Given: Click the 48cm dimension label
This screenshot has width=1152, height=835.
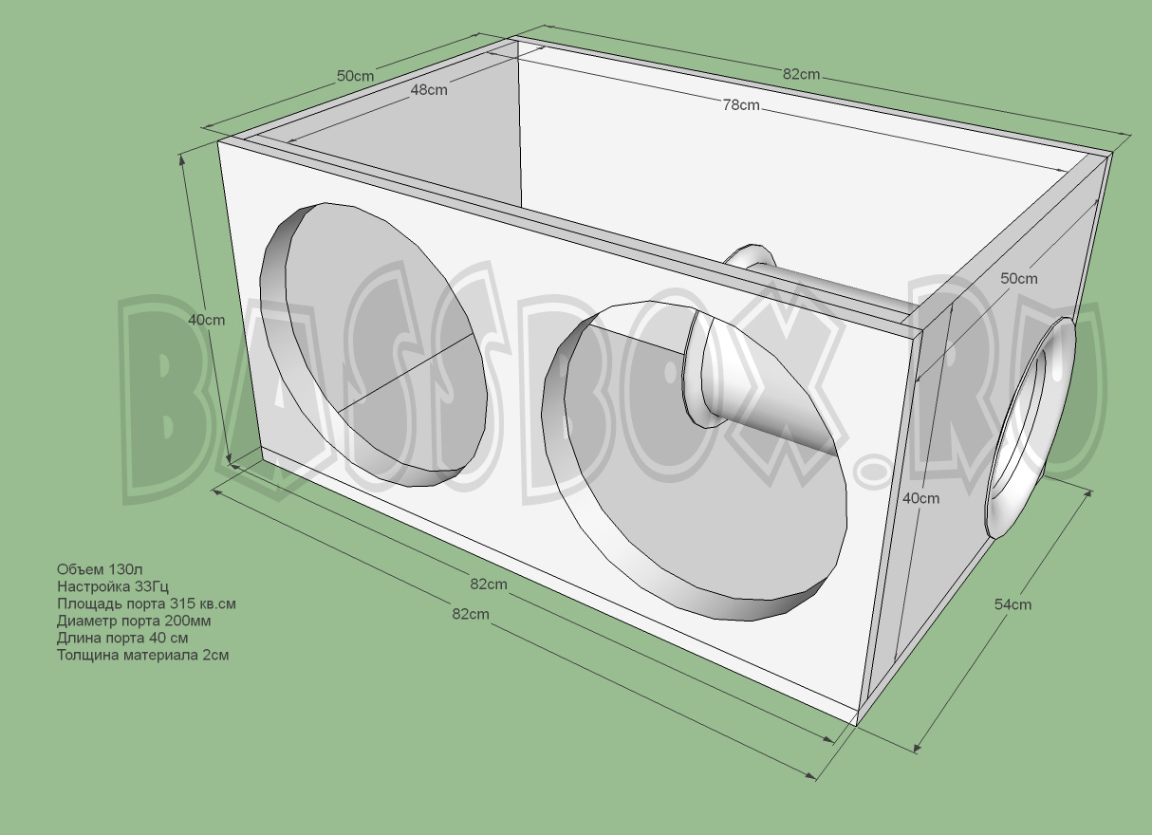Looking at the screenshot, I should pos(429,90).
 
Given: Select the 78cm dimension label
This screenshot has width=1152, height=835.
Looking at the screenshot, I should pos(741,105).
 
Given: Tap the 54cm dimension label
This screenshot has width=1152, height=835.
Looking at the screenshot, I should pos(1013,603).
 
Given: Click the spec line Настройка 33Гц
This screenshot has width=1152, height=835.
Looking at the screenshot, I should pos(113,586).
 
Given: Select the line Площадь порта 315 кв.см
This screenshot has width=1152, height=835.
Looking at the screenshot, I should pos(145,603).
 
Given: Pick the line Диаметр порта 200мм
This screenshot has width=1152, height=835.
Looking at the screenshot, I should pos(134,621).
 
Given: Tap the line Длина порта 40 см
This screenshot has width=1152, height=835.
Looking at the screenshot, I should pos(121,638).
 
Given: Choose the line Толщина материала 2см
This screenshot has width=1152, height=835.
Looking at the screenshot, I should pos(142,655).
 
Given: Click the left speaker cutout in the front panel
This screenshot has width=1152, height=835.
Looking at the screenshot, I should pos(375,342).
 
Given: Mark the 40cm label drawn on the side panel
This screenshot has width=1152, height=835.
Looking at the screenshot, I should pos(920,498).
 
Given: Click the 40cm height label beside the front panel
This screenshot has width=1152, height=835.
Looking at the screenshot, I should pos(207,320).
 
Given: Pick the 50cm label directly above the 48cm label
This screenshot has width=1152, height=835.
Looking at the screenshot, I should pos(355,76).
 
